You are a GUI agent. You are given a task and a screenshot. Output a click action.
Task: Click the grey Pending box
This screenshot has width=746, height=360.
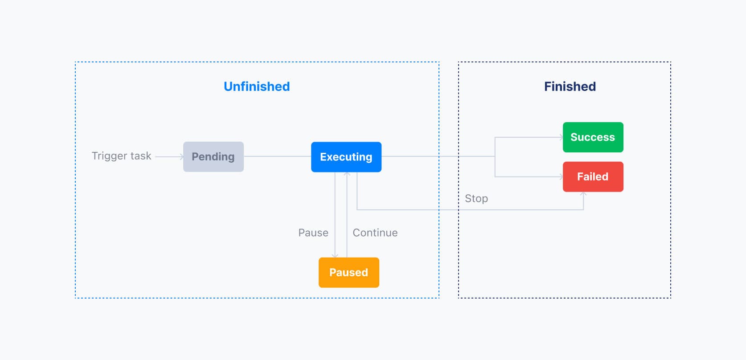(x=213, y=157)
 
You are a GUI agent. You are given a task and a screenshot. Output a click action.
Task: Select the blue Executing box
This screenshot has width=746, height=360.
(x=346, y=157)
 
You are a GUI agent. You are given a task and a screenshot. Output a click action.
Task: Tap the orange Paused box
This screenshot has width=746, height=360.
(x=348, y=272)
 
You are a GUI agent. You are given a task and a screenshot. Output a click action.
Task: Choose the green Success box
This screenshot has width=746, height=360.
(x=593, y=137)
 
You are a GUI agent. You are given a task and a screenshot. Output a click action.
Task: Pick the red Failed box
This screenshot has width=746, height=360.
(x=593, y=176)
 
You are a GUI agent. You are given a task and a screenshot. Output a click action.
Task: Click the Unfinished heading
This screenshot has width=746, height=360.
(x=257, y=86)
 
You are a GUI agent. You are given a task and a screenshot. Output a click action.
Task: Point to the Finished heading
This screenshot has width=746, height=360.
(x=570, y=86)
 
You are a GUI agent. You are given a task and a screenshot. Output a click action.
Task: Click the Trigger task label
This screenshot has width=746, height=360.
(x=121, y=156)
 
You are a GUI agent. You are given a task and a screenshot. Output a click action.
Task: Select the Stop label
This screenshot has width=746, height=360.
(x=476, y=198)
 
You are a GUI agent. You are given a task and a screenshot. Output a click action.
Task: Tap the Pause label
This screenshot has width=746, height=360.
(x=313, y=233)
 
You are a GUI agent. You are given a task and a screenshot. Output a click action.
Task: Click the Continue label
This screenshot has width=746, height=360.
(x=375, y=233)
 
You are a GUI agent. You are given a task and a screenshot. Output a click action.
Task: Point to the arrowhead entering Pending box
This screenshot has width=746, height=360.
(x=181, y=157)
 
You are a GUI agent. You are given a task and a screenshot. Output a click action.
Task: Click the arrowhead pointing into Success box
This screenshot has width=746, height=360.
(x=561, y=137)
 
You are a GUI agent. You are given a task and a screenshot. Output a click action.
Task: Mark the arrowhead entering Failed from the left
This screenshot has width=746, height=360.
(x=561, y=177)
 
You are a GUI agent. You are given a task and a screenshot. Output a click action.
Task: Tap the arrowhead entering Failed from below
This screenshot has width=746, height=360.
(x=583, y=194)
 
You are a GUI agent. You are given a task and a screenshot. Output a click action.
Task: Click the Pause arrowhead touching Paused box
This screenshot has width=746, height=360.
(x=335, y=255)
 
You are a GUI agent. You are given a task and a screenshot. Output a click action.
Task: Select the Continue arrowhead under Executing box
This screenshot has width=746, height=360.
(x=347, y=174)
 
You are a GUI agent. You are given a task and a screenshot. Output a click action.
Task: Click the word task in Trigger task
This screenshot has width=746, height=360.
(x=141, y=156)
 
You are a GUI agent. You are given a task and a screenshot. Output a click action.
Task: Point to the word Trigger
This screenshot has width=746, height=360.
(x=109, y=156)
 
